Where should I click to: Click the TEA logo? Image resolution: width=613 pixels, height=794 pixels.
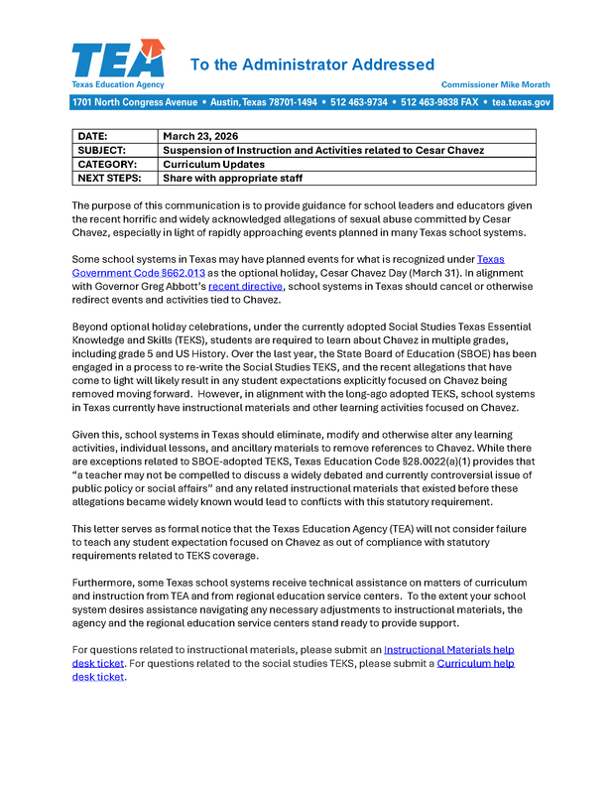(117, 62)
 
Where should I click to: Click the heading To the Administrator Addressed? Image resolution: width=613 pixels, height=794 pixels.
(311, 65)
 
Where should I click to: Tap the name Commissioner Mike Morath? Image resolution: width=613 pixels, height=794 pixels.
(495, 85)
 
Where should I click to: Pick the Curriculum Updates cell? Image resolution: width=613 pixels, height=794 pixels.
(213, 164)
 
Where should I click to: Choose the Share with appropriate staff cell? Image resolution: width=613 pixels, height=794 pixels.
(232, 178)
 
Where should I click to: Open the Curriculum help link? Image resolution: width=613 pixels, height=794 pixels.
(475, 663)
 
